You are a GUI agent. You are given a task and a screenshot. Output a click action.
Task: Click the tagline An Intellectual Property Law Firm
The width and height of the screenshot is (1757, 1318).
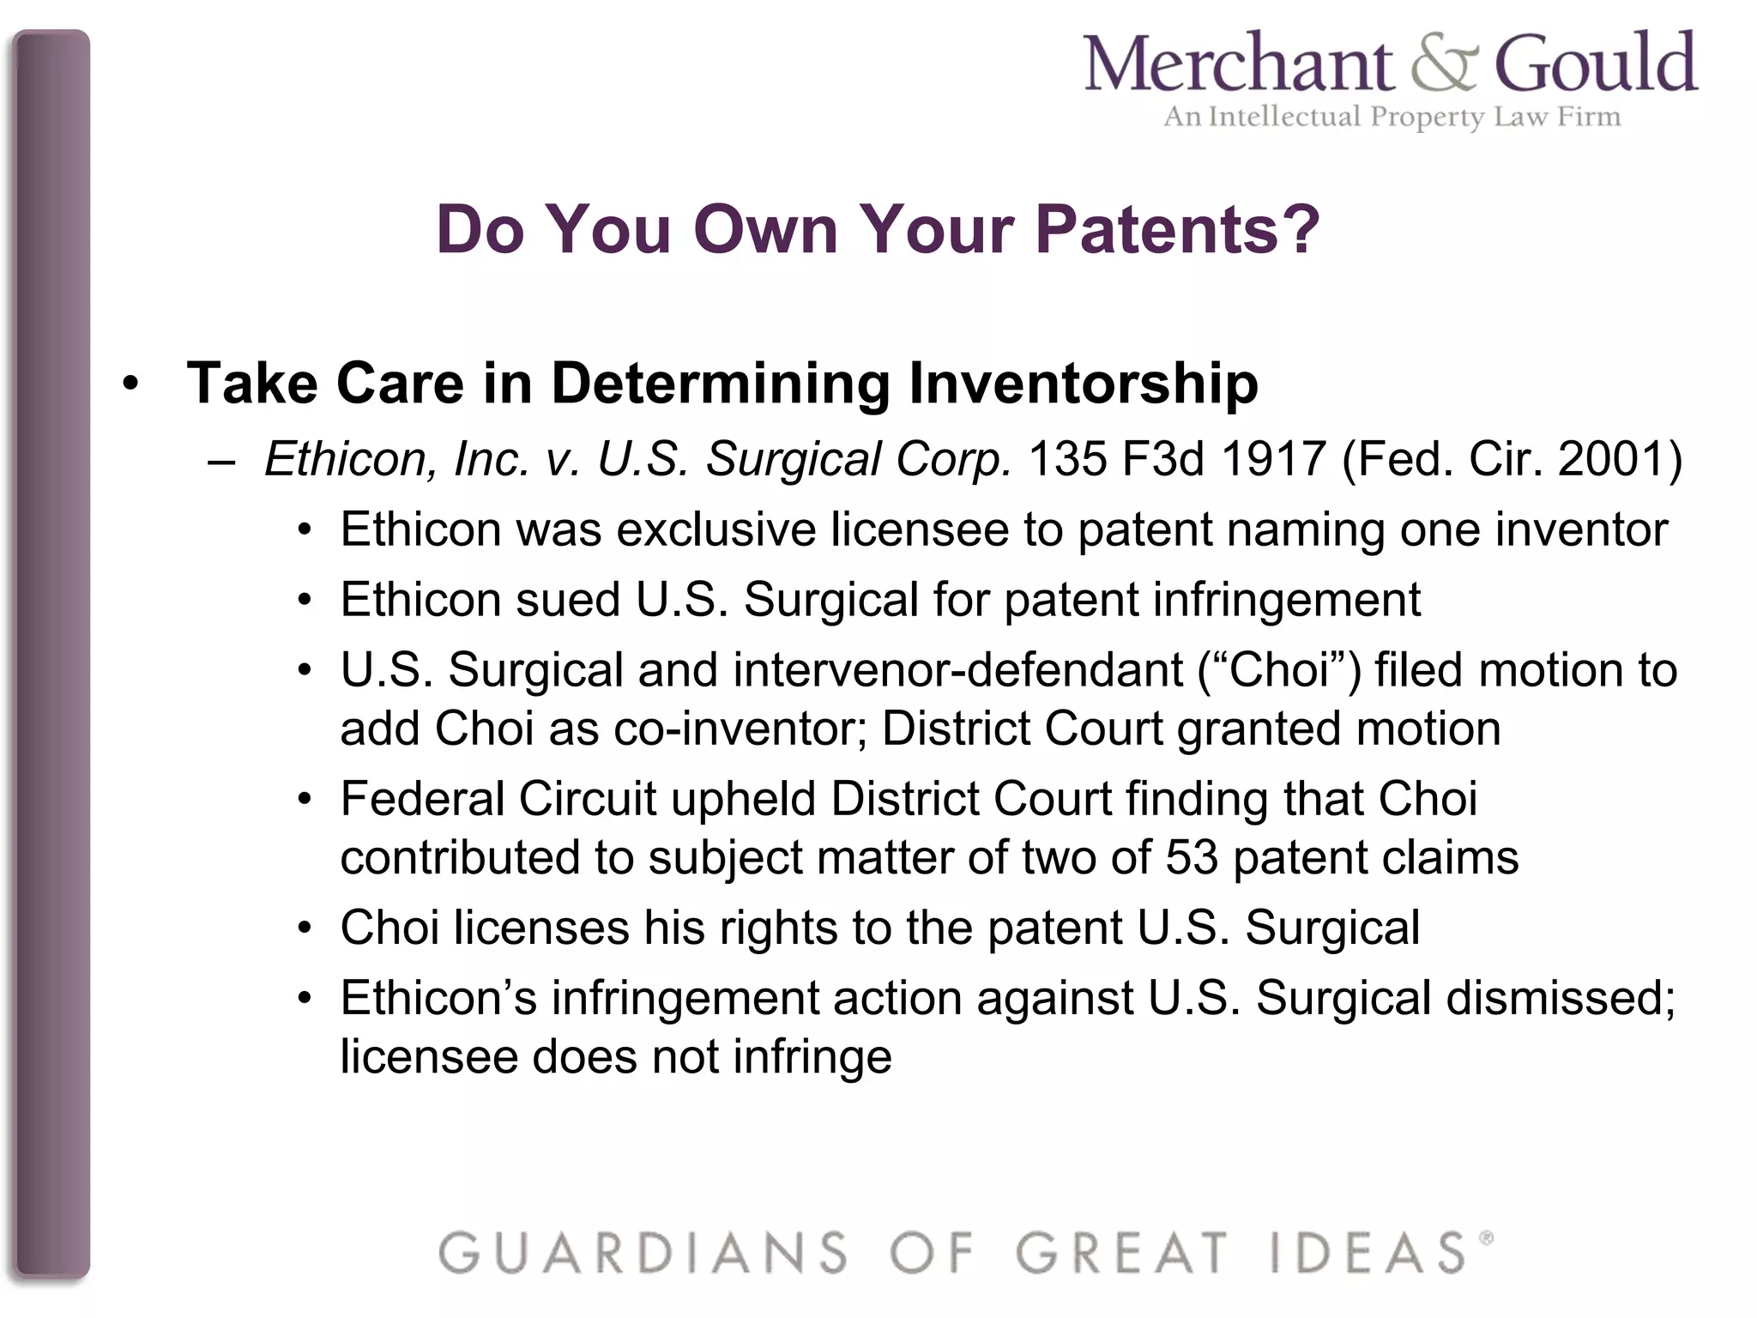pos(1392,117)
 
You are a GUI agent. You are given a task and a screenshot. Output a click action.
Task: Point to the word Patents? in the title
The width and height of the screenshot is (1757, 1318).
pos(1177,230)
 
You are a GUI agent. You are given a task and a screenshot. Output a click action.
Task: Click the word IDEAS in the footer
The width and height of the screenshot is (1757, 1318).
pos(1368,1253)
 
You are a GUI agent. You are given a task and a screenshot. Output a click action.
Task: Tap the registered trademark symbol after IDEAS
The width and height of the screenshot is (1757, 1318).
pos(1486,1238)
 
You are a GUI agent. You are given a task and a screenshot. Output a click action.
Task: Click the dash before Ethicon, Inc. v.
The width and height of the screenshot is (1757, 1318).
pos(221,462)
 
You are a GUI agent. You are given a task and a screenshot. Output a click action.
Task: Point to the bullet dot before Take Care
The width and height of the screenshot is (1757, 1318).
pos(130,384)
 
